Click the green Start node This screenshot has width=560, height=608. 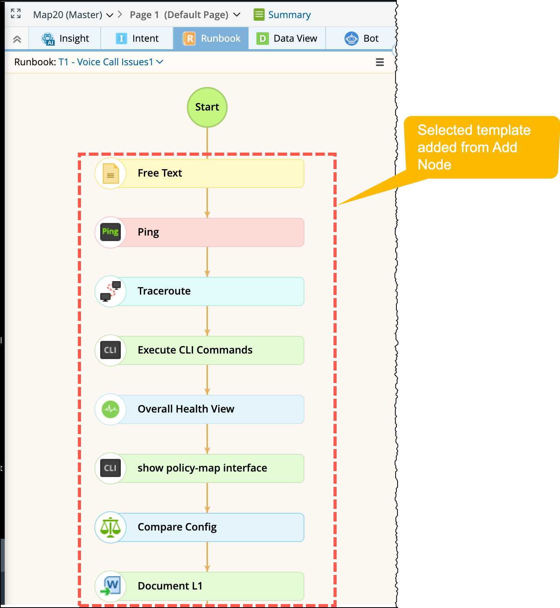point(207,107)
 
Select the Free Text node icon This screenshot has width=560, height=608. point(111,173)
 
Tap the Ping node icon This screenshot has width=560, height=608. point(111,232)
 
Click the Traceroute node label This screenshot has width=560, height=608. point(164,291)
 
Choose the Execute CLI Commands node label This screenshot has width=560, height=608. point(195,350)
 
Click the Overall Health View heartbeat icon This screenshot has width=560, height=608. point(111,409)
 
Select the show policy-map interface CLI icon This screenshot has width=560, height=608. point(111,468)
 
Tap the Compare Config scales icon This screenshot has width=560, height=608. point(111,527)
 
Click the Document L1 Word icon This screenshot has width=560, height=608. point(111,586)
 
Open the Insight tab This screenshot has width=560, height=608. point(65,39)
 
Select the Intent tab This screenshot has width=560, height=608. point(137,39)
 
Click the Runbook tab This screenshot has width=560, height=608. point(212,39)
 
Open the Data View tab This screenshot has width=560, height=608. point(287,39)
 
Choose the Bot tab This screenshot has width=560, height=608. point(361,39)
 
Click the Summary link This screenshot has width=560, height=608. point(289,15)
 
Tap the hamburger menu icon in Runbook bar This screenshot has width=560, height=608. point(379,62)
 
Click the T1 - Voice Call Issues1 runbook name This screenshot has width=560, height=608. point(106,62)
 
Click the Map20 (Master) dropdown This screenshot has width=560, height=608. point(73,15)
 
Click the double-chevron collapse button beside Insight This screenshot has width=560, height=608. point(17,39)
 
